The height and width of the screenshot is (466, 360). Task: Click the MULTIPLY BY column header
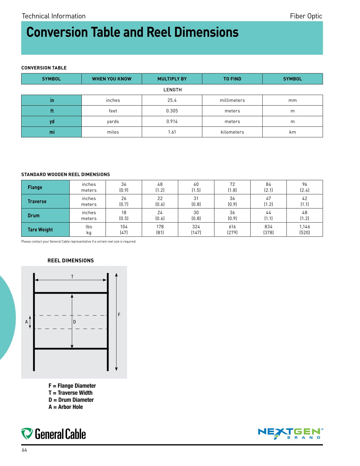[172, 79]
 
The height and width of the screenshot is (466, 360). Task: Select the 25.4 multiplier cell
[172, 100]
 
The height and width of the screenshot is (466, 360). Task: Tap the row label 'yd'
[52, 122]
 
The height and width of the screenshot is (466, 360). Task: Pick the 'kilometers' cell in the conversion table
[232, 132]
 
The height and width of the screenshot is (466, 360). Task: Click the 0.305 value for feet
[172, 111]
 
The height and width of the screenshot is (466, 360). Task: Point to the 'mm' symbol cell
[292, 100]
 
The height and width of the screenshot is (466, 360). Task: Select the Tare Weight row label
[40, 230]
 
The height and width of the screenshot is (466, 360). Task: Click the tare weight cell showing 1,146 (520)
[304, 229]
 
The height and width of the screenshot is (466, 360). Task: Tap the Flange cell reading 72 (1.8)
[232, 187]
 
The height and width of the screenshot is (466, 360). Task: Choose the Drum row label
[34, 216]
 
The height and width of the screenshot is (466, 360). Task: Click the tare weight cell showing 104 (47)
[124, 229]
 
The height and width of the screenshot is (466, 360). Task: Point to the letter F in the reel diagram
[119, 315]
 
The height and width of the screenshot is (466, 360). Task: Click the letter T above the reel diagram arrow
[72, 277]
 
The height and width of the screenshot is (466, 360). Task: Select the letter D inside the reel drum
[74, 322]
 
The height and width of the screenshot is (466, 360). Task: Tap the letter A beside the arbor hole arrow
[26, 322]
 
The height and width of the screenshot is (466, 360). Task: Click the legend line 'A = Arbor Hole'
[66, 407]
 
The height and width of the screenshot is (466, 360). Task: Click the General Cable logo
[54, 434]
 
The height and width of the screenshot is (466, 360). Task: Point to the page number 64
[24, 450]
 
